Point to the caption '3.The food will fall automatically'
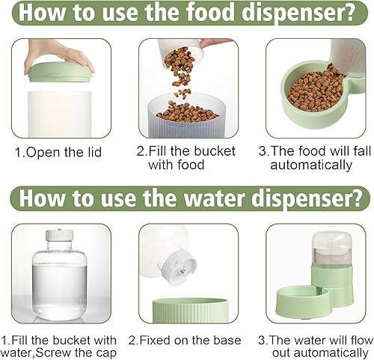(310, 158)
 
